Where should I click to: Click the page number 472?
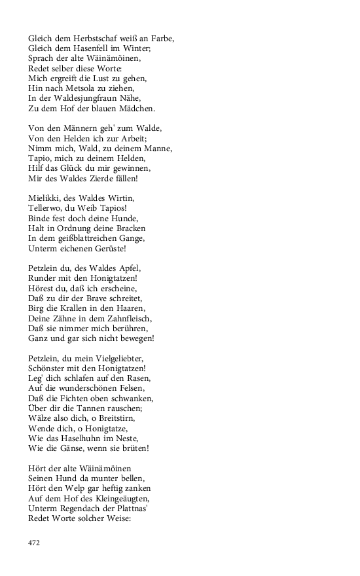coord(34,543)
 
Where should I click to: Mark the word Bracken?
coord(128,228)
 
